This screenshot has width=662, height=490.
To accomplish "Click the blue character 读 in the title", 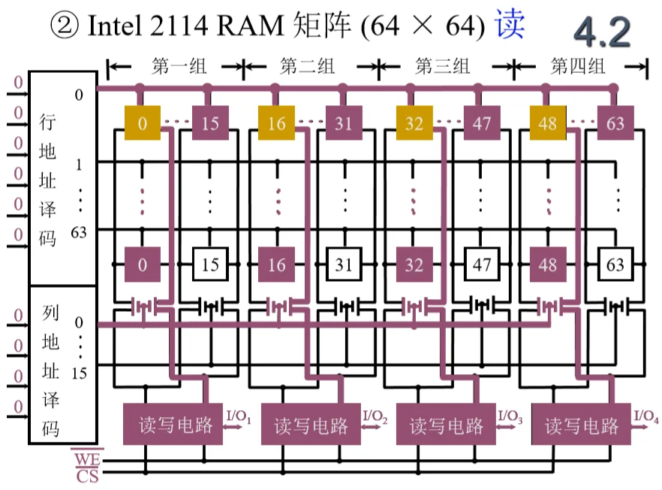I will click(509, 25).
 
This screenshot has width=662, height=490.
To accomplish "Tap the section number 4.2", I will click(603, 31).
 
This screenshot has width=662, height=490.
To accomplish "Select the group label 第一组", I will click(179, 67).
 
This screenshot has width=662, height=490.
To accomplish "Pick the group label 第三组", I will click(443, 67).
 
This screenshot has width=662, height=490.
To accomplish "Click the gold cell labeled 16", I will click(277, 122).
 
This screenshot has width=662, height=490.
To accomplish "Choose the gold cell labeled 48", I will click(549, 122).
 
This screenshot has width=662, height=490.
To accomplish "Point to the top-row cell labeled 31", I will click(343, 122).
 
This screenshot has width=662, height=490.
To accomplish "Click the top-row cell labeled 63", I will click(615, 122).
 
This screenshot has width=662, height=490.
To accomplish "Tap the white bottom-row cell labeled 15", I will click(210, 265).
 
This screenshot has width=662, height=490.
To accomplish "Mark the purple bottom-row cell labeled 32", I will click(414, 265).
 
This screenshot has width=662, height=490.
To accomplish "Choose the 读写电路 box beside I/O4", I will click(582, 426).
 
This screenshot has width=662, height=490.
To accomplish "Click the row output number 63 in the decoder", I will click(79, 232).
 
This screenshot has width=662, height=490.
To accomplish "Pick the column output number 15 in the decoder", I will click(80, 371).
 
